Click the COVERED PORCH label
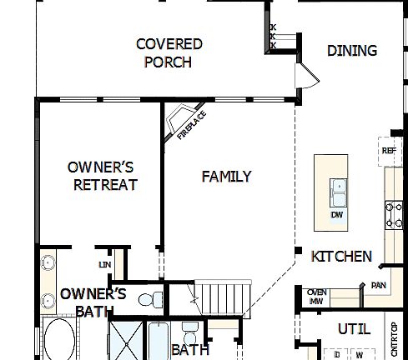[x=169, y=52]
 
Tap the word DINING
[x=351, y=51]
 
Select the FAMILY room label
[x=226, y=176]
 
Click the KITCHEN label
[x=341, y=256]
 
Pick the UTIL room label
[x=353, y=328]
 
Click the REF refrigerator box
[x=388, y=151]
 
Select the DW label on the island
[x=337, y=215]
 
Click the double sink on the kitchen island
[x=338, y=192]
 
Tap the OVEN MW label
[x=315, y=296]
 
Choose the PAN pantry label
[x=378, y=285]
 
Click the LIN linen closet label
[x=104, y=264]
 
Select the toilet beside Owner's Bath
[x=149, y=299]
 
